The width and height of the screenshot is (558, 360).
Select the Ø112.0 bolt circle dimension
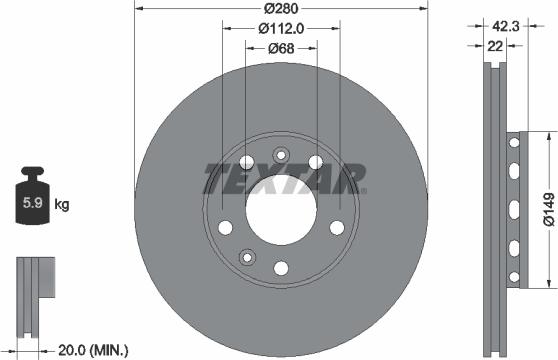pyautogui.click(x=281, y=29)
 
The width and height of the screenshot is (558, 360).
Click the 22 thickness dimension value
pyautogui.click(x=495, y=46)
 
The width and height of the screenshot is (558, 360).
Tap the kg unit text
pyautogui.click(x=62, y=206)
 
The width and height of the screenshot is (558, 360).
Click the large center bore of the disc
pyautogui.click(x=280, y=210)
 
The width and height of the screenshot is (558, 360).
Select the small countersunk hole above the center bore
pyautogui.click(x=280, y=154)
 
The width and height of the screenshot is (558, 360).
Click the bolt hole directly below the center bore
pyautogui.click(x=280, y=267)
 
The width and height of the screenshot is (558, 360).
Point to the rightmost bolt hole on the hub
pyautogui.click(x=336, y=226)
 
